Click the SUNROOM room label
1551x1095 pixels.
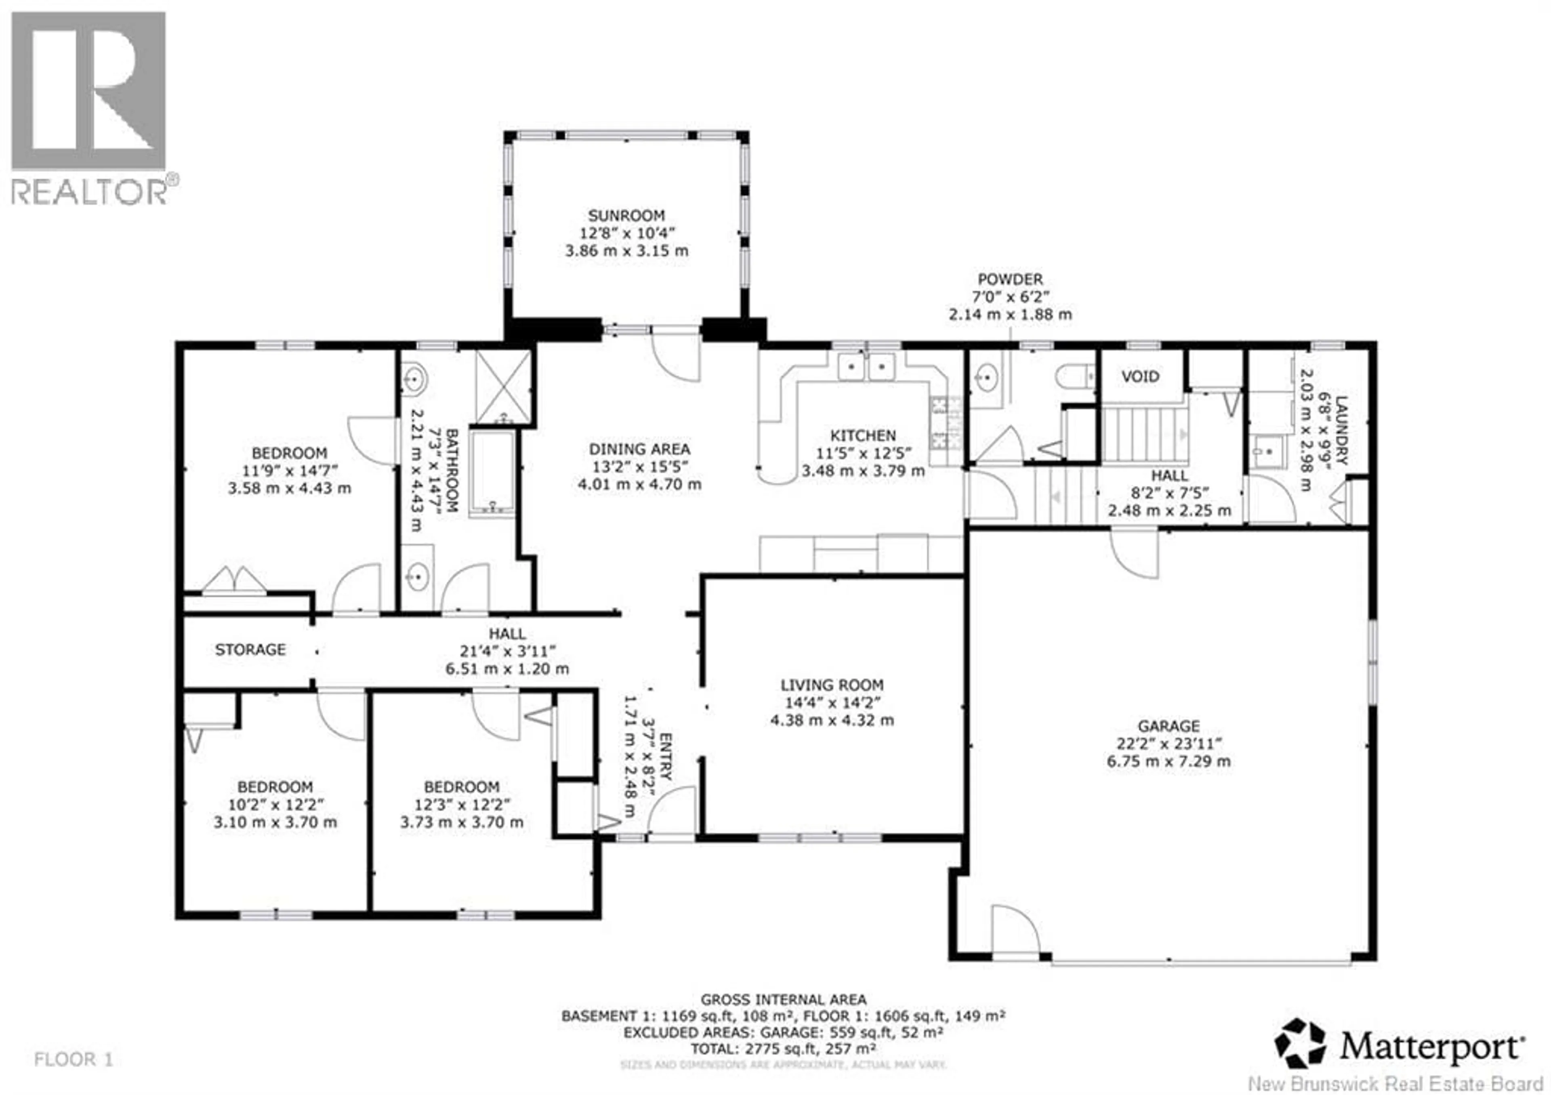pyautogui.click(x=626, y=216)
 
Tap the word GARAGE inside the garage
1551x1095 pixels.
pyautogui.click(x=1168, y=726)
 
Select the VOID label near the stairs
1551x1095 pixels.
pyautogui.click(x=1140, y=376)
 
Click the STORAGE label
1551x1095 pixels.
pyautogui.click(x=250, y=649)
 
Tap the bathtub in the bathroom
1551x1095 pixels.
pyautogui.click(x=492, y=473)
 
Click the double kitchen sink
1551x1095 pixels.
pyautogui.click(x=866, y=367)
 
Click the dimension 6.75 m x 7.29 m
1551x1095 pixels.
pyautogui.click(x=1168, y=761)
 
